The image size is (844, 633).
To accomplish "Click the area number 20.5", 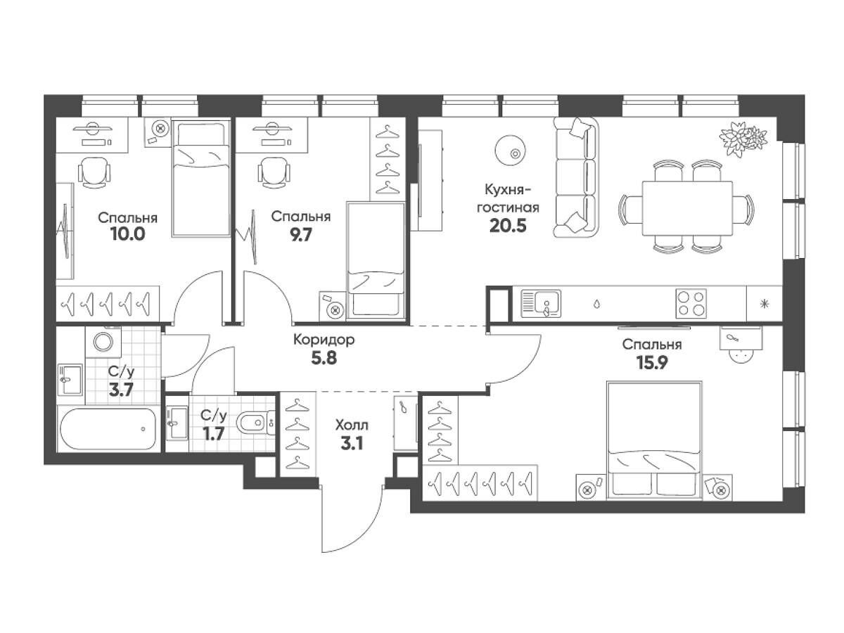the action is coord(508,226).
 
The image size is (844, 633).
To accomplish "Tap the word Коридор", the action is coord(324,340).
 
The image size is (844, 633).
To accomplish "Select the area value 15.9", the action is coord(652,362).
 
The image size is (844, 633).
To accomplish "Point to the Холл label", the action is coord(352,425).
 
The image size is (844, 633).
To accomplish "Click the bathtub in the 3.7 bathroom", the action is coord(108,428).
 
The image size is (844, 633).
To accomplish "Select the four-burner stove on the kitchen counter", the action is coord(691,303).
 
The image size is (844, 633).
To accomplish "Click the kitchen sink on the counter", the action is coord(541,303).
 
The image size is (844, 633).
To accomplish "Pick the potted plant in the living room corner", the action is coord(743,139).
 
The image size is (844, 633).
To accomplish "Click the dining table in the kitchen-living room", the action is coord(687,208).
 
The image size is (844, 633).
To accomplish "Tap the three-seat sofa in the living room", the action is coord(575,177).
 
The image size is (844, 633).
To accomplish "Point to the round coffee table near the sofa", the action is coord(509,151).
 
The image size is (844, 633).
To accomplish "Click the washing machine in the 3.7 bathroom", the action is coord(103,342).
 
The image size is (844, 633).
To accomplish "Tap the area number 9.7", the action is coord(300,234).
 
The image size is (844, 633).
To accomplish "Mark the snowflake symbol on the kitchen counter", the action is coord(765,305).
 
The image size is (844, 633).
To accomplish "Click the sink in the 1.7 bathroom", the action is coord(177,423).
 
